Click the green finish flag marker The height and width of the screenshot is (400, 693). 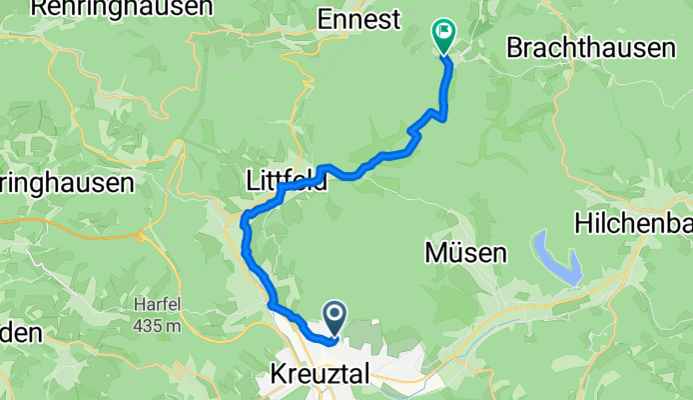[x=442, y=35]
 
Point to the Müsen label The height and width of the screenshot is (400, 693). [x=464, y=253]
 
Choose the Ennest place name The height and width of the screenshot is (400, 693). [x=357, y=19]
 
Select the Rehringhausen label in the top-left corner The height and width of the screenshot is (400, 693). [x=121, y=7]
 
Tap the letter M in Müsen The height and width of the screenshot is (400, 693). [x=434, y=253]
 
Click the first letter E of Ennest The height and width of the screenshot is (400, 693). [x=323, y=19]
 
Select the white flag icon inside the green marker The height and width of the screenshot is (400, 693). [x=442, y=31]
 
